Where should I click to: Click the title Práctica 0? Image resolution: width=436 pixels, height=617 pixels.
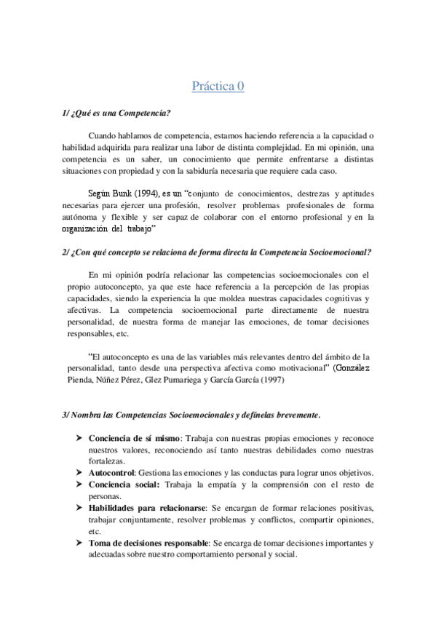[218, 87]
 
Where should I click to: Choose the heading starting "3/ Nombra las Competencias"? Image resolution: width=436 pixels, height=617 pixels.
[191, 414]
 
